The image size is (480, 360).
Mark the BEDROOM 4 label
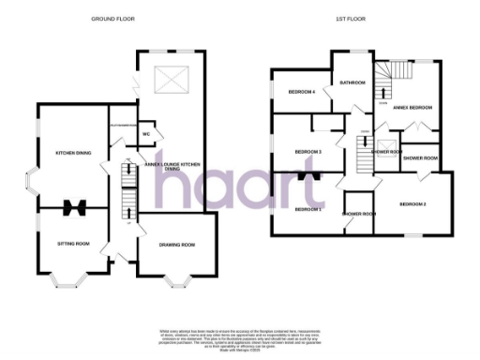click(x=300, y=92)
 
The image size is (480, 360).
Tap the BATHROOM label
click(x=352, y=82)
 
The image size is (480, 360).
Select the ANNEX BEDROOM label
click(x=412, y=108)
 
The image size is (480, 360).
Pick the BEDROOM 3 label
click(x=308, y=151)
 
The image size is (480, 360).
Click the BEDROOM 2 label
click(x=412, y=203)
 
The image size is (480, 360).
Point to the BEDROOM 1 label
click(x=307, y=208)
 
